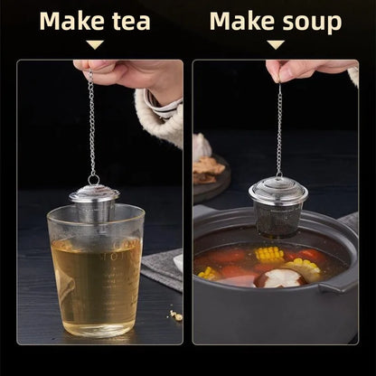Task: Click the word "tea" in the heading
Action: tap(131, 22)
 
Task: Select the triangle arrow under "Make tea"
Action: tap(95, 44)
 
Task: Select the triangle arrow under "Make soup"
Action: tap(276, 44)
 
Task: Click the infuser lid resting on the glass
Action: tap(94, 193)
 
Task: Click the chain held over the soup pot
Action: tap(279, 129)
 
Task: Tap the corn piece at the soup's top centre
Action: tap(269, 254)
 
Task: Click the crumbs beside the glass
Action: tap(176, 315)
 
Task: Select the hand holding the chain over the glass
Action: tap(129, 80)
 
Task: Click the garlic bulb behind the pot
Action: tap(202, 147)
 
